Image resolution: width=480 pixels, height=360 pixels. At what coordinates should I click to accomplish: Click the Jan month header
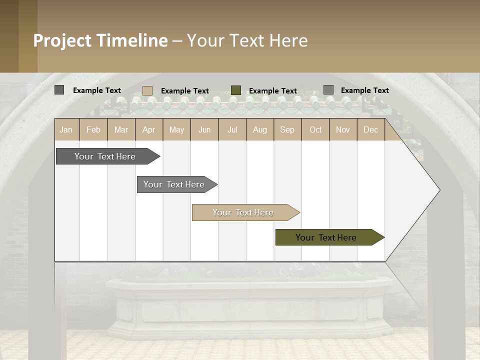tap(66, 130)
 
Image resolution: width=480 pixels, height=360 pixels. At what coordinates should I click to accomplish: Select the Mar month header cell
tap(121, 130)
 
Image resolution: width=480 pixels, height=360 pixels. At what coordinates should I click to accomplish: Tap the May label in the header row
tap(176, 130)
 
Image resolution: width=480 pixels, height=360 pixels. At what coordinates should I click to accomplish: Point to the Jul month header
tap(232, 130)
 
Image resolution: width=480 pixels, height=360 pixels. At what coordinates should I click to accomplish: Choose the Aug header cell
tap(259, 130)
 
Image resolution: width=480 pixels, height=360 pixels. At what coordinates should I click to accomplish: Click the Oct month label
tap(315, 130)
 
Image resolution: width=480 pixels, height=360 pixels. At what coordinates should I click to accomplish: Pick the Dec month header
tap(370, 130)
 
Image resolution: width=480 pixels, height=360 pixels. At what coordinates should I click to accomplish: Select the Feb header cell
tap(93, 130)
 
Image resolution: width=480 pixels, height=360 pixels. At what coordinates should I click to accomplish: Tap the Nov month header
tap(343, 130)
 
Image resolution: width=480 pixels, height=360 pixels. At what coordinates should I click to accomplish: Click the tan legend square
tap(147, 90)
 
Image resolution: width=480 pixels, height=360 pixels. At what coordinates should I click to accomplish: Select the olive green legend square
tap(236, 90)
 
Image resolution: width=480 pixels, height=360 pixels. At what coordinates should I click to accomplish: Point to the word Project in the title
tap(62, 40)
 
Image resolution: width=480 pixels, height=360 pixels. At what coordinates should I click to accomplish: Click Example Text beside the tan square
tap(185, 91)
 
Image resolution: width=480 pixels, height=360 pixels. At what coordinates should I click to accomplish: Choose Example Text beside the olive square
tap(273, 91)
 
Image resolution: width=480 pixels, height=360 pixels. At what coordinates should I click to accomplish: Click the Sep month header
tap(287, 130)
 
